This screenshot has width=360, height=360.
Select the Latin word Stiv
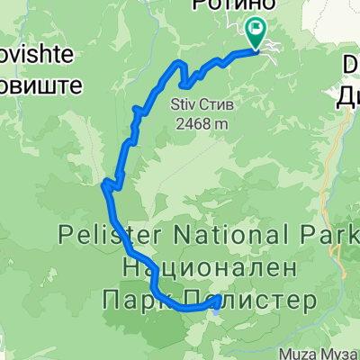182,104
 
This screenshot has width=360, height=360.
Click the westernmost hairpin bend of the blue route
103,186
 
